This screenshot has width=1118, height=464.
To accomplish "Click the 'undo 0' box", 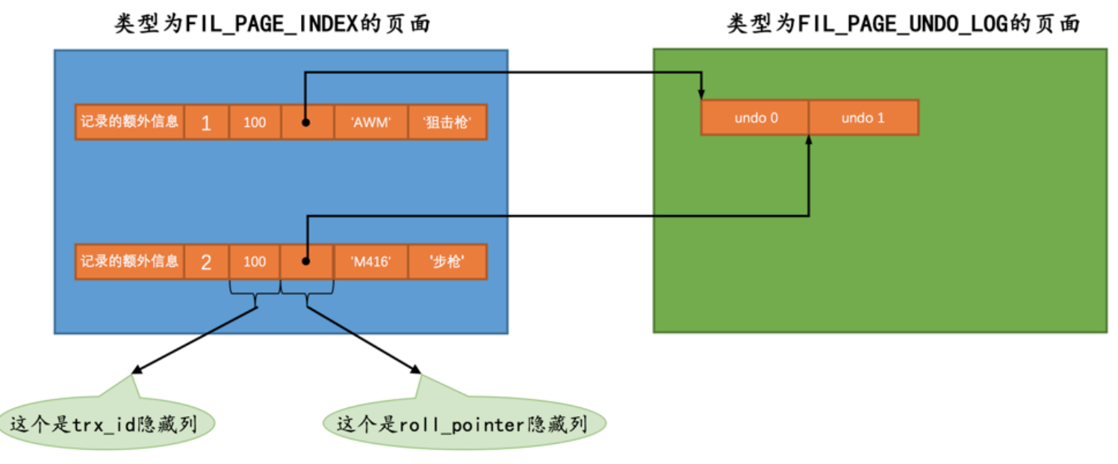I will click(x=754, y=118).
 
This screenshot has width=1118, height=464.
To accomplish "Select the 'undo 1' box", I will click(x=863, y=118).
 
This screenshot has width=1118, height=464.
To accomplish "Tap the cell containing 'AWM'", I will click(x=370, y=122).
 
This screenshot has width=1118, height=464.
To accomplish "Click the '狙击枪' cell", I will click(x=447, y=122).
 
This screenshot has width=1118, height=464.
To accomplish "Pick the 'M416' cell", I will click(x=370, y=262).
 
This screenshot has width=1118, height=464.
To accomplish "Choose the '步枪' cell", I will click(x=447, y=262).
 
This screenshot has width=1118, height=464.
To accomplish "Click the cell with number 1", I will click(x=206, y=122).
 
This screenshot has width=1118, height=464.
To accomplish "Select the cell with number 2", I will click(x=206, y=262).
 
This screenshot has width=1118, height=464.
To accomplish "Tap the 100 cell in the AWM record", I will click(x=255, y=122).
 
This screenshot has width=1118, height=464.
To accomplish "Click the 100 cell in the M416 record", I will click(x=255, y=262).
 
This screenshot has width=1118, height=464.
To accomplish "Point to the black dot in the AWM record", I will click(x=306, y=122).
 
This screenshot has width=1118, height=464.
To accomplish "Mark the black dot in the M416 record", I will click(x=306, y=262).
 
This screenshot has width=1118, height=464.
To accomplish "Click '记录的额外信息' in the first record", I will click(x=130, y=122).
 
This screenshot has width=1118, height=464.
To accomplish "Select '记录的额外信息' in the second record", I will click(x=130, y=262).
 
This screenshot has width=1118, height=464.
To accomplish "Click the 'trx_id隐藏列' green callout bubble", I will click(x=105, y=424).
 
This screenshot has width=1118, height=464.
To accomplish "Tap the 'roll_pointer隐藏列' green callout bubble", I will click(x=463, y=424).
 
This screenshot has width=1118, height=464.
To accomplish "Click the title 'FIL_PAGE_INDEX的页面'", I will click(x=273, y=24).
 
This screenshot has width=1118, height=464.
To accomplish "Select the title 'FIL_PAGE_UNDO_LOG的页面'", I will click(x=904, y=24).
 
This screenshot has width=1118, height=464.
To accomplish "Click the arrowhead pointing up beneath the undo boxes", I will click(x=809, y=141).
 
